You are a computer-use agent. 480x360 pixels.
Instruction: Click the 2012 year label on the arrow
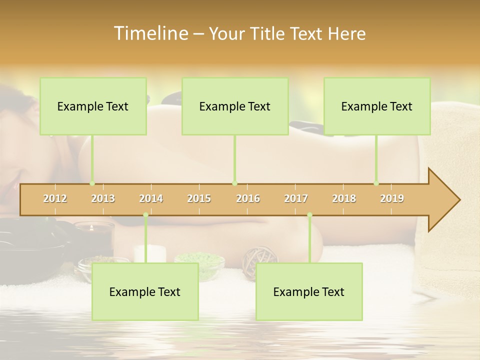click(55, 198)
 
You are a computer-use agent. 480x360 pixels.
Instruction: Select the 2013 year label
click(103, 198)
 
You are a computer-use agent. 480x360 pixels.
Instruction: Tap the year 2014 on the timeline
click(151, 198)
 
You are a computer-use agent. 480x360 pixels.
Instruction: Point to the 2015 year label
click(199, 198)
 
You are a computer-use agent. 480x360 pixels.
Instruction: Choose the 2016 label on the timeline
click(248, 198)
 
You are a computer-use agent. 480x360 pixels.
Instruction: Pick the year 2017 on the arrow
click(296, 198)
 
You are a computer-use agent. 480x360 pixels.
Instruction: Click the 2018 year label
click(344, 198)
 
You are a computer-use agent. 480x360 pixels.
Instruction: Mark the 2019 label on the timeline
click(392, 198)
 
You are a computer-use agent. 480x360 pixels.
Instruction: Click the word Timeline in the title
click(150, 33)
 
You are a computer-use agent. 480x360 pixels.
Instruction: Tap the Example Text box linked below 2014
click(145, 292)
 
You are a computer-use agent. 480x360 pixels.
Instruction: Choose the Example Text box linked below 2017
click(309, 292)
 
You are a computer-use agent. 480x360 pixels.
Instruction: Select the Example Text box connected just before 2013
click(93, 106)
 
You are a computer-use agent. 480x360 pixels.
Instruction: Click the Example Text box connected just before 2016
click(235, 106)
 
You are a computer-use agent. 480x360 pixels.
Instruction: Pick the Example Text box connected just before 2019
click(377, 106)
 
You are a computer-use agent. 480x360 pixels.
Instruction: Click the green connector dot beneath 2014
click(146, 215)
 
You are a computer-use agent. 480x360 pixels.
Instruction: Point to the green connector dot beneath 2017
click(309, 215)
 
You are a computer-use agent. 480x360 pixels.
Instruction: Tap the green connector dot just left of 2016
click(234, 183)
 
